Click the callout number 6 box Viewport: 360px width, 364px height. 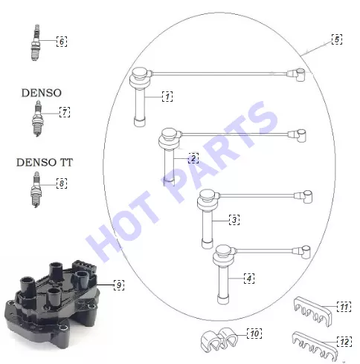[x=62, y=42]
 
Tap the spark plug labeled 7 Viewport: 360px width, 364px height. [x=36, y=118]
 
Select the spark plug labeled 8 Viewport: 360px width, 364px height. [x=36, y=189]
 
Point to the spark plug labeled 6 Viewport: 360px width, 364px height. [x=36, y=42]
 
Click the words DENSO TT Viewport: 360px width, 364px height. [x=45, y=163]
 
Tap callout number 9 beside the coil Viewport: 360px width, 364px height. [x=119, y=285]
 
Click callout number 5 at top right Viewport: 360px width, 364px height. [x=337, y=39]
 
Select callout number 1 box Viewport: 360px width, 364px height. [x=167, y=97]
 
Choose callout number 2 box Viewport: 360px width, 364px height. [x=193, y=158]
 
